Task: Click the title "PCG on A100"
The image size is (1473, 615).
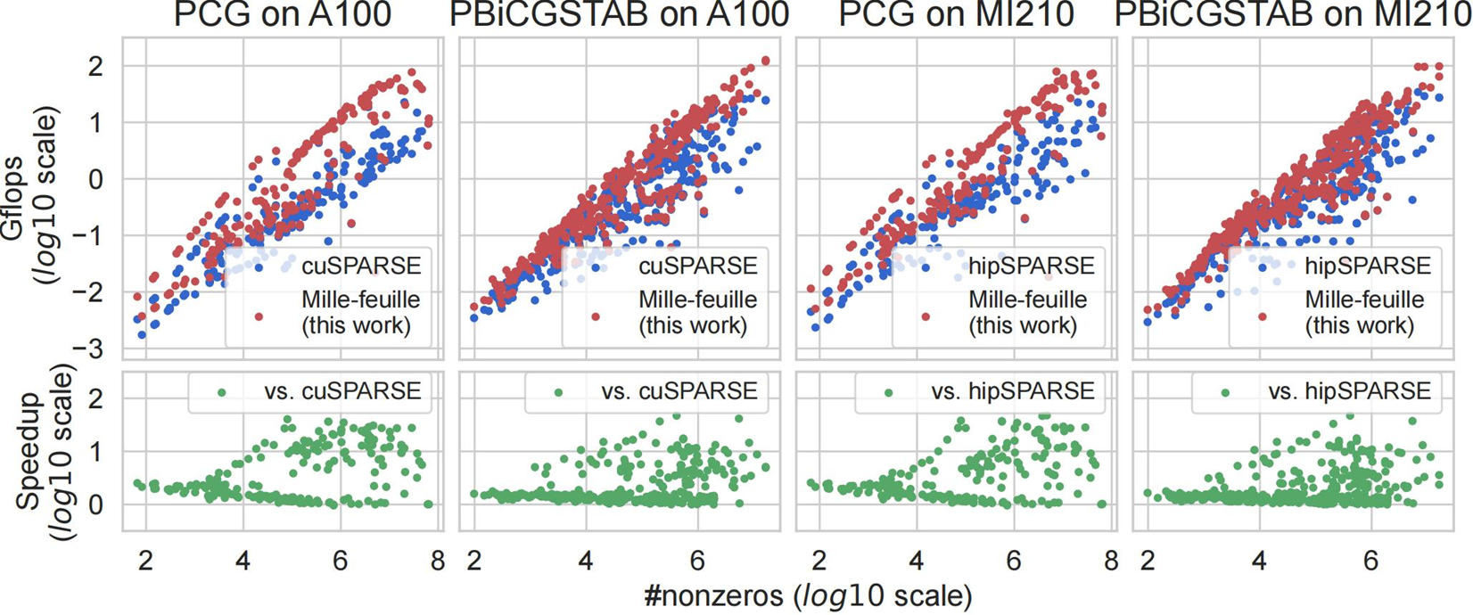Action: coord(282,15)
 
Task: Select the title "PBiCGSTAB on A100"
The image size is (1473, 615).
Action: coord(619,15)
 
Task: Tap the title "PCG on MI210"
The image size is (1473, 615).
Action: coord(955,15)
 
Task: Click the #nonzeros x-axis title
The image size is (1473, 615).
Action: coord(808,594)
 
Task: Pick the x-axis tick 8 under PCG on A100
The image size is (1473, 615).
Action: coord(437,562)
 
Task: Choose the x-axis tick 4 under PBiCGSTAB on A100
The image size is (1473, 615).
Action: coord(586,562)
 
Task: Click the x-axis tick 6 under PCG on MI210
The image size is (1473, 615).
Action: coord(1013,562)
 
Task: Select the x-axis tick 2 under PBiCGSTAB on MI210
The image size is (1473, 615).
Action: coord(1148,562)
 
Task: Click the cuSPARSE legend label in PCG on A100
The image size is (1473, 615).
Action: coord(361,266)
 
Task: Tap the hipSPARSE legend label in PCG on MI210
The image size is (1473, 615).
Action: coord(1032,266)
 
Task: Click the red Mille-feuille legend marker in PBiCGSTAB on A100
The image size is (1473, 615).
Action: coord(595,316)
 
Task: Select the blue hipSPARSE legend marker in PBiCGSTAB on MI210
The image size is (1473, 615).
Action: coord(1263,266)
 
